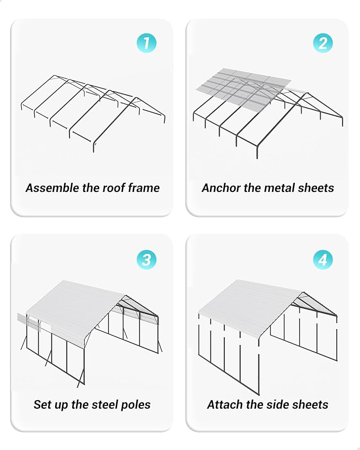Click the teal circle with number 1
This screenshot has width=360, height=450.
146,43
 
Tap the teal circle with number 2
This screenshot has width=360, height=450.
323,43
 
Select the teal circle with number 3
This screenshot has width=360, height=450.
146,260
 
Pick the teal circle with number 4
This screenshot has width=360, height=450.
323,260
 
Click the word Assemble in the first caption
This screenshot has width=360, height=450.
50,188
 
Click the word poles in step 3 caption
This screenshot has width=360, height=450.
135,404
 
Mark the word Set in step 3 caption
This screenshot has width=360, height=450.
42,404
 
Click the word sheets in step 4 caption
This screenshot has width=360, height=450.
310,404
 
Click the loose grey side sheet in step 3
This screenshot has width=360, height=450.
30,322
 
